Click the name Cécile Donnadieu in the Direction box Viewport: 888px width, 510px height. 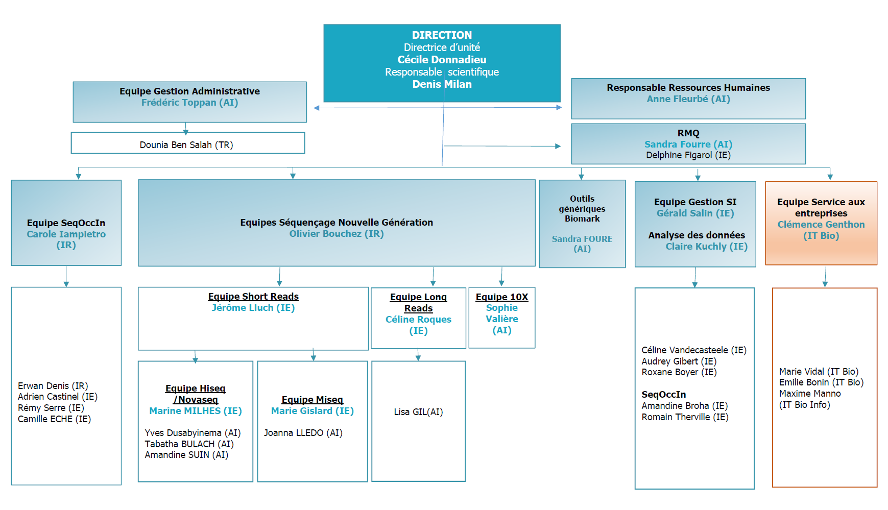(x=442, y=60)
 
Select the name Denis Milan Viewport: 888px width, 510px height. (x=442, y=84)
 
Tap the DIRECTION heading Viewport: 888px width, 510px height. (x=442, y=35)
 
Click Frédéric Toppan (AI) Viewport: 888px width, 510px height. (x=190, y=103)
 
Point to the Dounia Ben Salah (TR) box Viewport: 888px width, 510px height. (x=188, y=143)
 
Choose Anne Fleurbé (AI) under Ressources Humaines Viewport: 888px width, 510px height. (x=688, y=99)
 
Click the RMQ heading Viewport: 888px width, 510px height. (x=688, y=133)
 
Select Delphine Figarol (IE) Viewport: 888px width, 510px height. (x=688, y=155)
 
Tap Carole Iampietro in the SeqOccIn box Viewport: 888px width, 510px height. (x=66, y=234)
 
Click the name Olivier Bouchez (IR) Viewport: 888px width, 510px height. (x=337, y=234)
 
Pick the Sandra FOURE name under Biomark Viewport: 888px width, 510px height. (x=582, y=239)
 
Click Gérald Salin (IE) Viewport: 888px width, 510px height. (x=695, y=213)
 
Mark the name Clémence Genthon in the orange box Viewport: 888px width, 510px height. (x=821, y=225)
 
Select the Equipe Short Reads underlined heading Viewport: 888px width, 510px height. (x=253, y=297)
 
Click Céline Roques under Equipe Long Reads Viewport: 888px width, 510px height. (x=418, y=320)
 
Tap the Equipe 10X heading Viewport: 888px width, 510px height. (x=502, y=297)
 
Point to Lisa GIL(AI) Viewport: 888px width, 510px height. (x=418, y=412)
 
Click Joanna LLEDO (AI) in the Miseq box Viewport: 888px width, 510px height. (x=303, y=433)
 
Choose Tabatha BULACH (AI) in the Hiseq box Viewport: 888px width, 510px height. (x=189, y=444)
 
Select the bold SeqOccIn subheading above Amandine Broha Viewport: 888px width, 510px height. (x=664, y=395)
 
